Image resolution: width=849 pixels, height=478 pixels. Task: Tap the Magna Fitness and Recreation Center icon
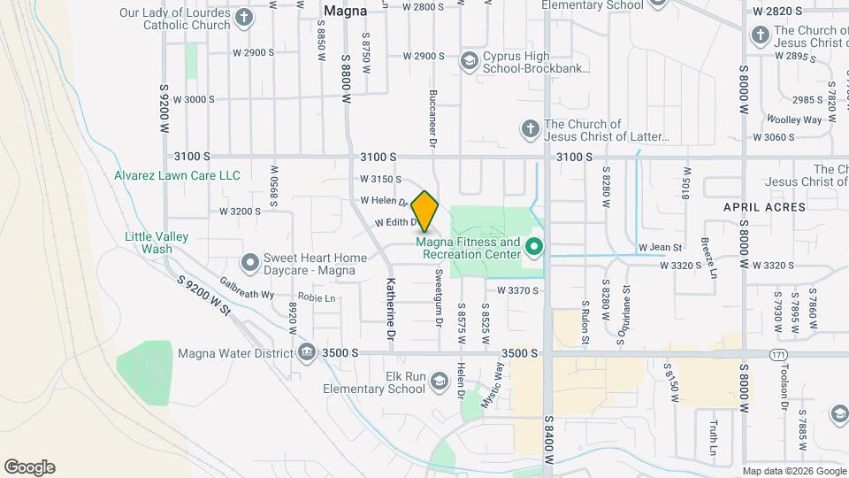533,245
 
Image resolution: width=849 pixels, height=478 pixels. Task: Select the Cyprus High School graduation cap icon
469,60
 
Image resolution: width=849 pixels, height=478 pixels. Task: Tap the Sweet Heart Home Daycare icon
249,263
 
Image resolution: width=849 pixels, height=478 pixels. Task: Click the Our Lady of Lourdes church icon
242,19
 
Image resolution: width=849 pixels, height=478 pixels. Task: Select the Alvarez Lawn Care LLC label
177,175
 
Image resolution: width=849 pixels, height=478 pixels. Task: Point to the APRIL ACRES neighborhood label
765,207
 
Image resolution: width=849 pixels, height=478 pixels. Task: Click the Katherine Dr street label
389,309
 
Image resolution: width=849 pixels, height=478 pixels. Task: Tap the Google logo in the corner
29,467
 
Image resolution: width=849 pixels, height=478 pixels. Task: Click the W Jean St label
661,247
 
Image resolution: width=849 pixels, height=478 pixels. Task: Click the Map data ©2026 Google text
792,471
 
